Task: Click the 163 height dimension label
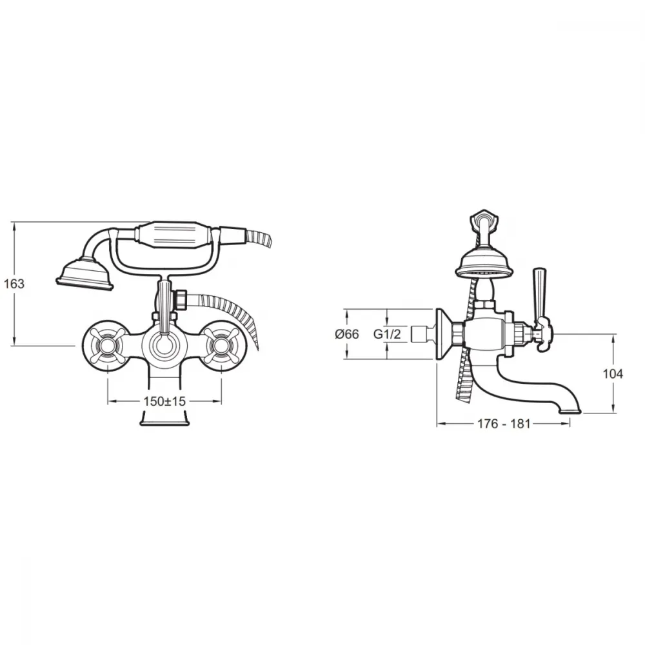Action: pyautogui.click(x=14, y=283)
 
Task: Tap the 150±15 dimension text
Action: pyautogui.click(x=164, y=401)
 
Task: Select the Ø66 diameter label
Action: pyautogui.click(x=347, y=334)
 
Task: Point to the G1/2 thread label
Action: pyautogui.click(x=386, y=334)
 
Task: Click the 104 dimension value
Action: pyautogui.click(x=613, y=374)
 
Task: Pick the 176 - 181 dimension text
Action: pyautogui.click(x=504, y=424)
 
